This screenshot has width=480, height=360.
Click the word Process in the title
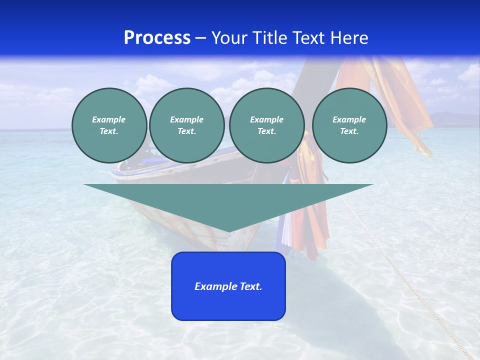coord(157,38)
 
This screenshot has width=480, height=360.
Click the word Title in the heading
coord(272,38)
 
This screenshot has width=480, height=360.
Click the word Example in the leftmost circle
coord(108,119)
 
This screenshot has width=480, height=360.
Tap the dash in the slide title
coord(200,38)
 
